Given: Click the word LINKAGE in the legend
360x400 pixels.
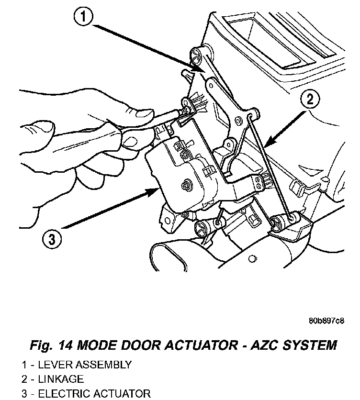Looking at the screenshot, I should (x=61, y=379).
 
